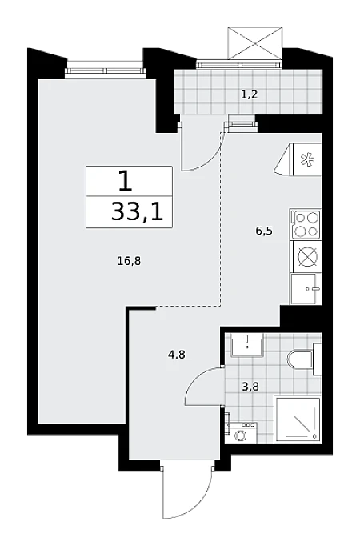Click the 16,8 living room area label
click(x=129, y=260)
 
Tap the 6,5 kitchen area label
click(x=264, y=231)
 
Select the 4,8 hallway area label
click(x=176, y=355)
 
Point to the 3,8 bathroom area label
click(x=250, y=387)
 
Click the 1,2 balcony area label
click(x=250, y=94)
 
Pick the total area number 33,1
click(x=137, y=212)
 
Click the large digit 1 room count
click(x=126, y=181)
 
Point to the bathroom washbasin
click(x=247, y=345)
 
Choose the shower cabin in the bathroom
click(x=298, y=420)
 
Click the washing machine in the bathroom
click(x=240, y=434)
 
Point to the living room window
click(x=106, y=70)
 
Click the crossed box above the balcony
click(x=254, y=42)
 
